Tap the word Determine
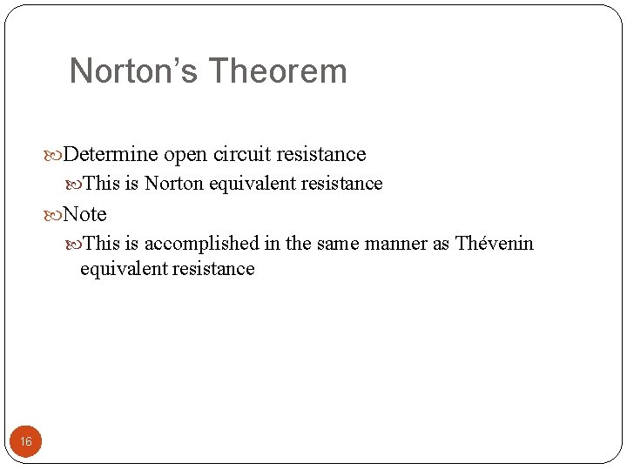[111, 155]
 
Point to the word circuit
[241, 155]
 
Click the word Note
[84, 214]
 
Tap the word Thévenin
[496, 244]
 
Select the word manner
[395, 244]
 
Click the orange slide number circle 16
[26, 442]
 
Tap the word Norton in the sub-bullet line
[174, 184]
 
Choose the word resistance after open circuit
[321, 155]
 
